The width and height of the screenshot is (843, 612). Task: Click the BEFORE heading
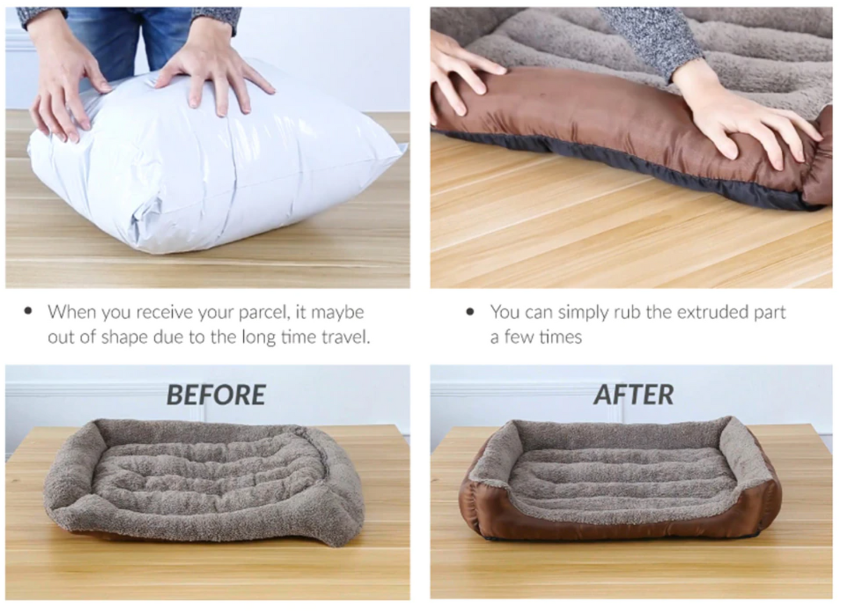(x=216, y=395)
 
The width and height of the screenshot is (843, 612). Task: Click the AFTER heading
(x=634, y=395)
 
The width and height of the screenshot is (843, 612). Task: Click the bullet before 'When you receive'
(x=28, y=311)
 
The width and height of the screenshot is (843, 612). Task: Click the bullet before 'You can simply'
(x=470, y=311)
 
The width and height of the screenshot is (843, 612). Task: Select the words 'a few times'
(x=536, y=337)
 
